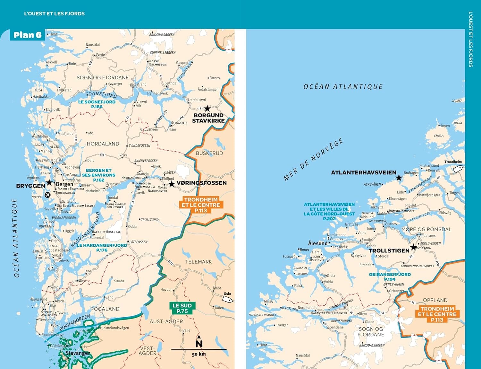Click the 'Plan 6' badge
pos(27,35)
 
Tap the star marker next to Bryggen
pos(49,183)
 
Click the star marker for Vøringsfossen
pos(172,184)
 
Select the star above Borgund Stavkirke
pos(207,109)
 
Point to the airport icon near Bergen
pos(48,195)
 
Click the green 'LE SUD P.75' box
pos(182,308)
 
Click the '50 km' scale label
pos(199,354)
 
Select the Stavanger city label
pos(78,353)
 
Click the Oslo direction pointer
pos(227,299)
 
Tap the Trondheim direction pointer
pos(458,169)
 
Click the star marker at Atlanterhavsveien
pos(399,178)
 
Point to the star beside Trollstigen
pos(414,247)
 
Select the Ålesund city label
pos(318,243)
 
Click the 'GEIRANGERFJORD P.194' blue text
pos(390,277)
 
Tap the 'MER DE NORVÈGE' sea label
pos(313,160)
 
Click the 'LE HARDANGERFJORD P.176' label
pos(102,248)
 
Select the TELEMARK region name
pos(198,262)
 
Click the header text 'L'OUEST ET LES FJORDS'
pos(55,13)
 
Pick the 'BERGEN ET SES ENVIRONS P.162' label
pos(98,175)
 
